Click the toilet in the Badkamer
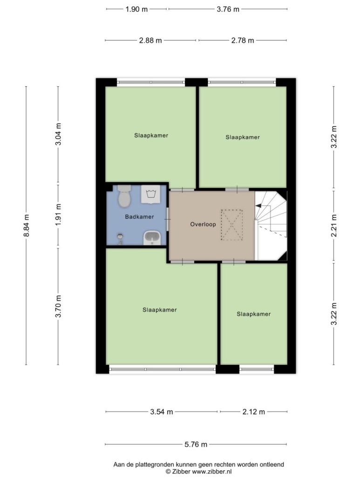[124, 195]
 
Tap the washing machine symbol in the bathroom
[150, 194]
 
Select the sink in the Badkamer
[152, 238]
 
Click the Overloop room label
[203, 224]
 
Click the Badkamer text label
[139, 217]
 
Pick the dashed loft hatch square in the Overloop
[232, 225]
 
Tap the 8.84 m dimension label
[27, 225]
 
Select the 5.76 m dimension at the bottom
[196, 444]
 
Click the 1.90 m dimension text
[136, 9]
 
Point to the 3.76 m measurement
[228, 9]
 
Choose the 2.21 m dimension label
[334, 225]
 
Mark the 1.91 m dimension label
[58, 215]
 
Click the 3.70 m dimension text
[58, 306]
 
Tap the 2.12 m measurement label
[253, 412]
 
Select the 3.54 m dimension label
[162, 412]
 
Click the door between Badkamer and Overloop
[168, 219]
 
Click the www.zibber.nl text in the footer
[211, 472]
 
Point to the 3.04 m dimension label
[58, 134]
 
